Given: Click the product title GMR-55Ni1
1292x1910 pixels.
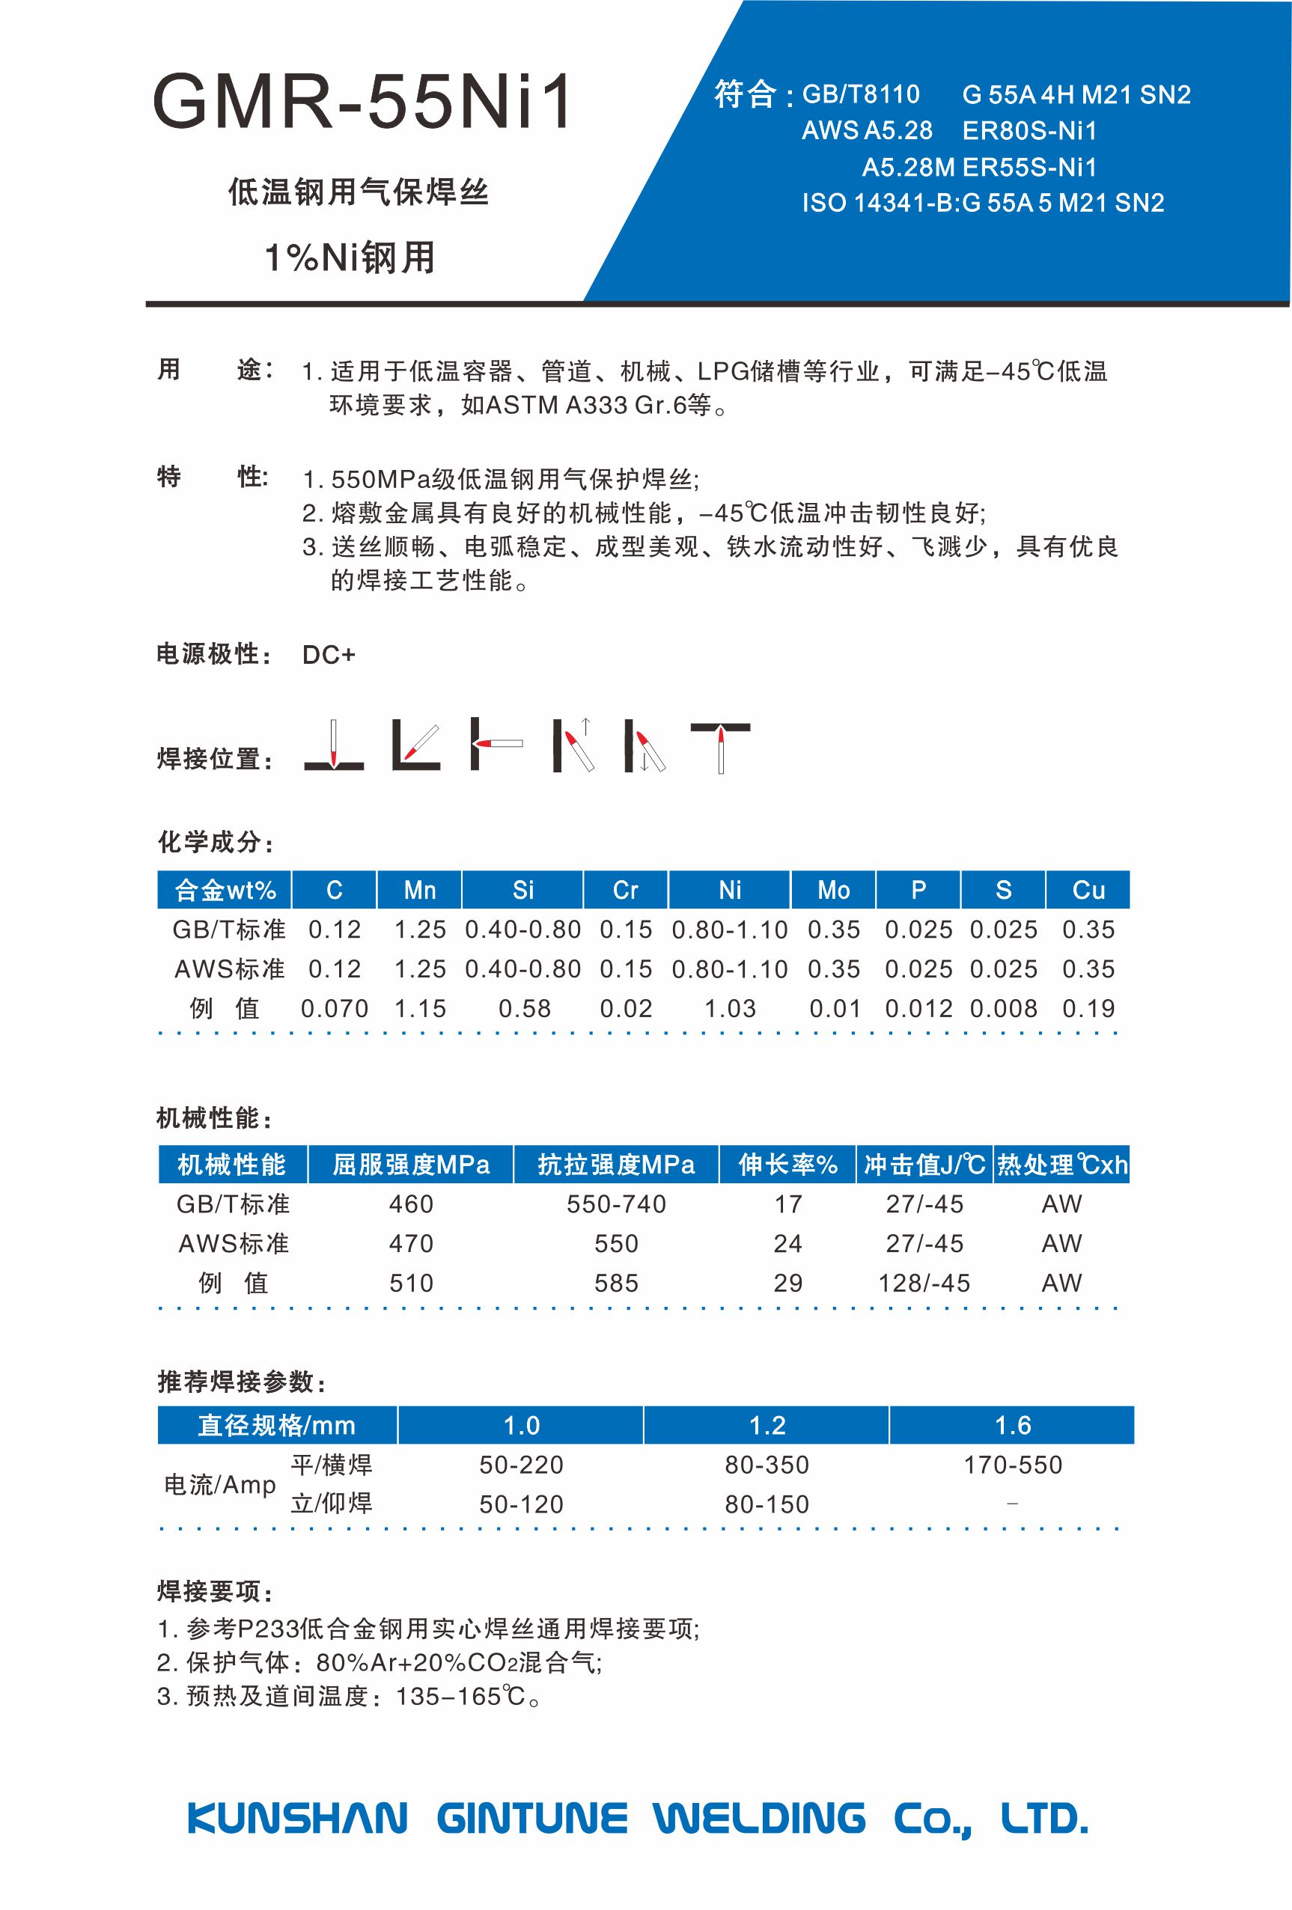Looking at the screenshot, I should pyautogui.click(x=362, y=103).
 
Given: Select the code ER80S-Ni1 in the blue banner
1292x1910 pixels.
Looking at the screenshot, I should pyautogui.click(x=1029, y=131).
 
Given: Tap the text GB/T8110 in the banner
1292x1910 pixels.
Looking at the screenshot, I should pyautogui.click(x=861, y=94).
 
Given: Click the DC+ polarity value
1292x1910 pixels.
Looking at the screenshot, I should pyautogui.click(x=329, y=655).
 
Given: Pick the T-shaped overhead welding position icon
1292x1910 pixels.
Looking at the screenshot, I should pyautogui.click(x=720, y=746).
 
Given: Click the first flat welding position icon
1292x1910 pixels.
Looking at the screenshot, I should pyautogui.click(x=334, y=745).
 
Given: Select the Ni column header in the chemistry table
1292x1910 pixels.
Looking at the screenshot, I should pyautogui.click(x=730, y=890).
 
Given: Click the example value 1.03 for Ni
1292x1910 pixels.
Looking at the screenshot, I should pyautogui.click(x=730, y=1008).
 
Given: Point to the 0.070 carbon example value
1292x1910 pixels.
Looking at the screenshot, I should pyautogui.click(x=335, y=1008).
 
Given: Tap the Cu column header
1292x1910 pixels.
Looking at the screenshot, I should pyautogui.click(x=1088, y=890).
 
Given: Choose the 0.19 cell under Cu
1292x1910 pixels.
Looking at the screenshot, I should pyautogui.click(x=1088, y=1008).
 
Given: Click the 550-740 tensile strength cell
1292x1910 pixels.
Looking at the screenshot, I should pyautogui.click(x=616, y=1204).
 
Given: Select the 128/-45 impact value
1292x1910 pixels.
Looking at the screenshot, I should pyautogui.click(x=924, y=1283).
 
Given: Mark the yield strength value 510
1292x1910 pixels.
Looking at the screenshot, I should pyautogui.click(x=411, y=1283).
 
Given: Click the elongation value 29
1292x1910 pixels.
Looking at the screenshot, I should pyautogui.click(x=787, y=1283).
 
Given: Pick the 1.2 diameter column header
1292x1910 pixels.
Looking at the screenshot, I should pyautogui.click(x=767, y=1425).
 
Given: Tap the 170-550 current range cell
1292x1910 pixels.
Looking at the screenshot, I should pyautogui.click(x=1013, y=1465).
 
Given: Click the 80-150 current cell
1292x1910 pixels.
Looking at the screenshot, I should pyautogui.click(x=767, y=1504).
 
